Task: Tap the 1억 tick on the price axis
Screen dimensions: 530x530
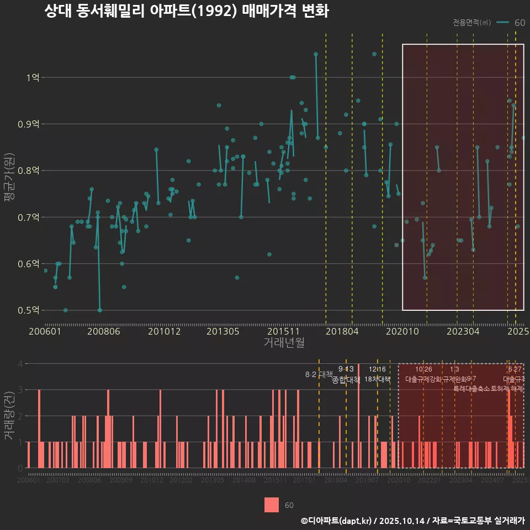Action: (33, 78)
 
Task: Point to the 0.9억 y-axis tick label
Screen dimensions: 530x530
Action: (29, 124)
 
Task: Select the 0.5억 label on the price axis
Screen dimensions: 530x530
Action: (29, 310)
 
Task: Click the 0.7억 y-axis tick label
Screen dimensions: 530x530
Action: (29, 218)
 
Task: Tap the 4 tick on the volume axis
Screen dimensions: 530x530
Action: (20, 364)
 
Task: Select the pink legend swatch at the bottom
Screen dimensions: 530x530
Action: (272, 505)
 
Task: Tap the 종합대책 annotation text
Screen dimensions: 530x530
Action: (346, 379)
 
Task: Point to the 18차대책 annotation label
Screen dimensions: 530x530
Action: (378, 379)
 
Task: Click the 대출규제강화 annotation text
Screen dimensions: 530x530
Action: (423, 379)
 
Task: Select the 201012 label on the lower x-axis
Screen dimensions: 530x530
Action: (152, 481)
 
